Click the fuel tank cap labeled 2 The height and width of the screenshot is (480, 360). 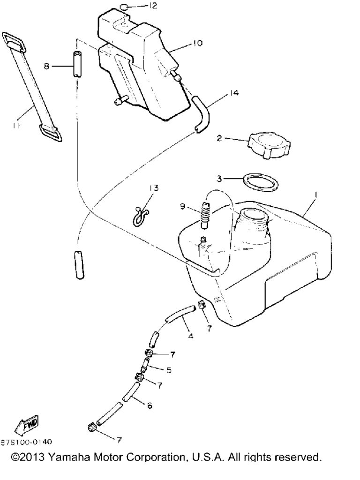tap(269, 145)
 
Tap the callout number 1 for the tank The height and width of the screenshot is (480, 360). tap(316, 195)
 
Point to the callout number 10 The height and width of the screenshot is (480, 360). tap(198, 43)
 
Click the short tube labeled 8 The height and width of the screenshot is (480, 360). tap(77, 64)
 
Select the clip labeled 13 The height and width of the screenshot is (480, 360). tap(140, 216)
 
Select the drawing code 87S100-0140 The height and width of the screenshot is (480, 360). tap(26, 442)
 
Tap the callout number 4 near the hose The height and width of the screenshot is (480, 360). tap(190, 337)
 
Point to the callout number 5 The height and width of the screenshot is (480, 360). tap(169, 370)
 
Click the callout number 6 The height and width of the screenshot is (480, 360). tap(150, 405)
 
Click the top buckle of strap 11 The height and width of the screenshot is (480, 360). tap(15, 41)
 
